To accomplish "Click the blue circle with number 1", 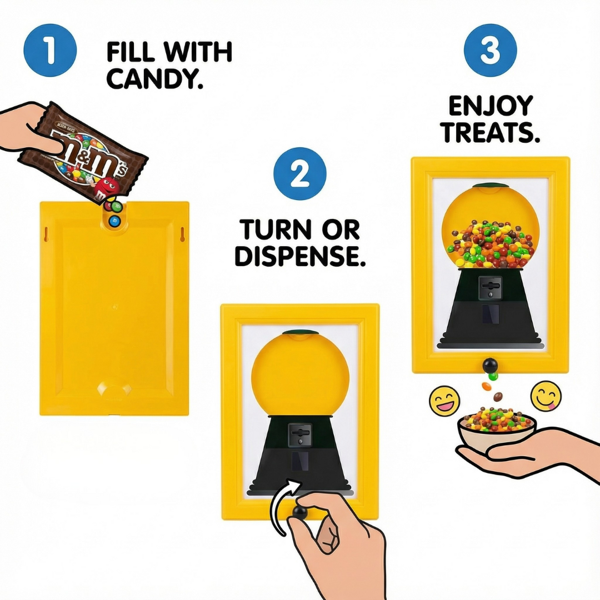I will click(50, 51).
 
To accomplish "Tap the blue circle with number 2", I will click(299, 174).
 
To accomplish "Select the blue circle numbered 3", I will click(490, 51).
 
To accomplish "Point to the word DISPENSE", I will click(300, 256).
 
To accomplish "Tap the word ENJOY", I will click(491, 106).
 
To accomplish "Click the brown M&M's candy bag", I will click(83, 152).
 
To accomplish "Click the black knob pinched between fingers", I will click(301, 512).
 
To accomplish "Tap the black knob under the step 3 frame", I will click(490, 365).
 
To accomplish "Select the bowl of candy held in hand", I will click(497, 427).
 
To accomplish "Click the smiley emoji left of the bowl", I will click(444, 399).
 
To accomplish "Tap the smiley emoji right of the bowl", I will click(546, 395).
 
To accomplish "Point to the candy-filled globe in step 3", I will click(491, 228).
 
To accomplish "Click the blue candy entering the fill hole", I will click(116, 221).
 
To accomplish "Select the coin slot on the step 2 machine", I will click(301, 433).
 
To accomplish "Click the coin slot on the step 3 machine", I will click(490, 287).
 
